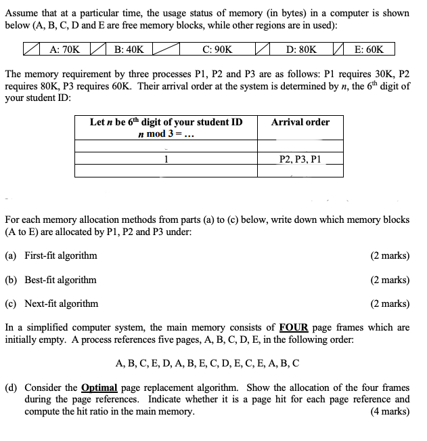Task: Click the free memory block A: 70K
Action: point(65,49)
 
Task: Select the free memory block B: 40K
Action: point(129,49)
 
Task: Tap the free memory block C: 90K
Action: point(217,49)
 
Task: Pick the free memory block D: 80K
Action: point(301,49)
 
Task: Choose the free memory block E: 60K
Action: point(369,49)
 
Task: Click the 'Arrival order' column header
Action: point(300,122)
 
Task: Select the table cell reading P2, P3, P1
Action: point(300,159)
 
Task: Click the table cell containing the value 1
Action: point(166,160)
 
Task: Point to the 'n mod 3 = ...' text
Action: point(166,133)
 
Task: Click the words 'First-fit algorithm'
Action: point(60,255)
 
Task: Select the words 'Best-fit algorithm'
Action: point(60,280)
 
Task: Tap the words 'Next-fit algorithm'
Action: point(61,303)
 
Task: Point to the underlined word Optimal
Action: point(99,387)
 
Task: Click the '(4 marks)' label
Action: point(390,411)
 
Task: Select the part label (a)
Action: point(12,255)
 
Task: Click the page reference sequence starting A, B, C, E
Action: point(208,363)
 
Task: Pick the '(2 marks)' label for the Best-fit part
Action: point(390,280)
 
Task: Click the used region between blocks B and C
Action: point(166,49)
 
